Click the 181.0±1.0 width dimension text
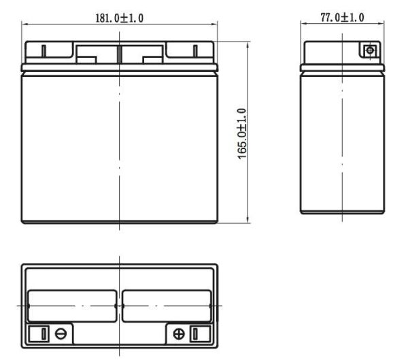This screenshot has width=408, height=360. click(120, 18)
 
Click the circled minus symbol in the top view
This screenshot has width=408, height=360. click(61, 334)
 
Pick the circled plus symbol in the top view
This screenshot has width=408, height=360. click(180, 334)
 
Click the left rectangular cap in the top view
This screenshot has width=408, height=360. click(71, 307)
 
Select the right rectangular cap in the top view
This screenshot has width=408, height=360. click(167, 307)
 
